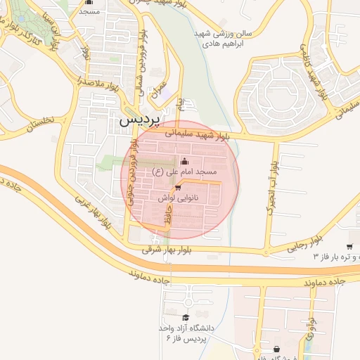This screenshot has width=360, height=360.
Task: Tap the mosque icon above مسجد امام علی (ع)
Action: tap(184, 161)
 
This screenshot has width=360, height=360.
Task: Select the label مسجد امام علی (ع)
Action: tap(185, 172)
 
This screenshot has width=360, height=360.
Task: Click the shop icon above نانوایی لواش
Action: tap(179, 188)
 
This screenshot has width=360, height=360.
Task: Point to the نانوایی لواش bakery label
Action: tap(179, 199)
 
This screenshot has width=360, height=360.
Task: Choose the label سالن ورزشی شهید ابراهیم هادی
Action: tap(221, 39)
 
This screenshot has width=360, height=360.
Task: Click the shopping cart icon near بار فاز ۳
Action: tap(349, 245)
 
